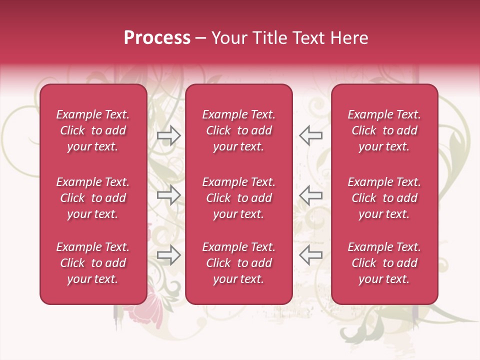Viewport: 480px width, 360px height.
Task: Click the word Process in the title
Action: [157, 38]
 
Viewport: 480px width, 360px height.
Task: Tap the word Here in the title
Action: [348, 38]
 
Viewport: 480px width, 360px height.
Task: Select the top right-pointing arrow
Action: [168, 135]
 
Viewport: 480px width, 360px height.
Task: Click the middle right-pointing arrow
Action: [168, 195]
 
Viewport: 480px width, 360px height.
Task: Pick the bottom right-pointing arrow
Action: [168, 255]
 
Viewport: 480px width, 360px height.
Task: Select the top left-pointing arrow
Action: [310, 135]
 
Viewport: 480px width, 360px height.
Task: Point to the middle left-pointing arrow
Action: [310, 195]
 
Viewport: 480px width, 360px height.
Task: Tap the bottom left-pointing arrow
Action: [310, 255]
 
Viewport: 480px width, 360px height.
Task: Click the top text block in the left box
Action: [93, 130]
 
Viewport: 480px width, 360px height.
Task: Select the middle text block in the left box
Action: [93, 198]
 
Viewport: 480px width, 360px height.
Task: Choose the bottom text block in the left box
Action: [93, 263]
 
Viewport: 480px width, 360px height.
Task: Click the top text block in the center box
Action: [239, 130]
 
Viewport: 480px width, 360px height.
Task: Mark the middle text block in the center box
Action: [239, 198]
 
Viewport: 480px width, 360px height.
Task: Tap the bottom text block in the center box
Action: [239, 263]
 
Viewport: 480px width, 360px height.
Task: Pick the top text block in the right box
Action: [384, 130]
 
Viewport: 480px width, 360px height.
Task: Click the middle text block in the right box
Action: [384, 198]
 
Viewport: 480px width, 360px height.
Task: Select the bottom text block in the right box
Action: [384, 263]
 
